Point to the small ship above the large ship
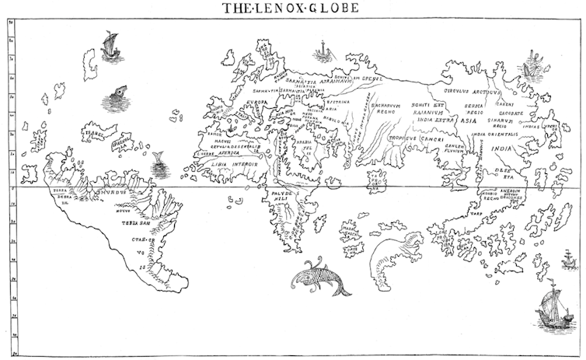click(x=569, y=260)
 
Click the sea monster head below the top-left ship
click(x=117, y=95)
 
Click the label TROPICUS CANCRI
click(x=415, y=138)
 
